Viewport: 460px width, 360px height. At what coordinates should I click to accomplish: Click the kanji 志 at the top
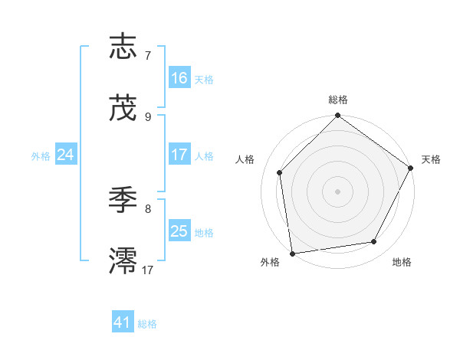(x=123, y=47)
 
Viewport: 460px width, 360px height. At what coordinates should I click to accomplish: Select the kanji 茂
(x=123, y=108)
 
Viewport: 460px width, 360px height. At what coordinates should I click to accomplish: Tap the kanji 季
(x=123, y=201)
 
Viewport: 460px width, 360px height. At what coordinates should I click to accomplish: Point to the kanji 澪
(x=123, y=261)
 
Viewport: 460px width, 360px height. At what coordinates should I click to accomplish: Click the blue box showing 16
(x=179, y=78)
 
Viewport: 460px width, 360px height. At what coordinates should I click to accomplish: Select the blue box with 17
(x=179, y=155)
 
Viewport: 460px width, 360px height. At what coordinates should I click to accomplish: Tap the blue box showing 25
(x=179, y=231)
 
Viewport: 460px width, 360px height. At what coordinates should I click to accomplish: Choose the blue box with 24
(x=66, y=155)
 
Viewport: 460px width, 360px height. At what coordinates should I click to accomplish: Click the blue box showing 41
(x=123, y=322)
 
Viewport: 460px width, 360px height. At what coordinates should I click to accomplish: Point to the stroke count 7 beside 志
(x=148, y=56)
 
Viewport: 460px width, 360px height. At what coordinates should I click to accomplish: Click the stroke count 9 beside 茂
(x=148, y=116)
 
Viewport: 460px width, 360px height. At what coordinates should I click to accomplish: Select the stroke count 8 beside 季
(x=148, y=208)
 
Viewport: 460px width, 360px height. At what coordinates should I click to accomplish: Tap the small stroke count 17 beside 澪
(x=148, y=270)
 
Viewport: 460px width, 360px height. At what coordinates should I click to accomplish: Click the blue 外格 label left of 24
(x=41, y=155)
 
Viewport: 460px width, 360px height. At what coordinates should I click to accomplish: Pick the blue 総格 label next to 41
(x=147, y=324)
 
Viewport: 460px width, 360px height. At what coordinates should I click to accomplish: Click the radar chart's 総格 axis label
(x=338, y=100)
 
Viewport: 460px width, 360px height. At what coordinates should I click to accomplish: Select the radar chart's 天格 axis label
(x=431, y=159)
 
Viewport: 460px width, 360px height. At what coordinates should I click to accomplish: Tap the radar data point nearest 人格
(x=280, y=172)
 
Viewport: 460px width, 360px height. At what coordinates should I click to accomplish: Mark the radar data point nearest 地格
(x=374, y=242)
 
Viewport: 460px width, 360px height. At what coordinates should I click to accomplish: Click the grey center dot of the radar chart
(x=338, y=191)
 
